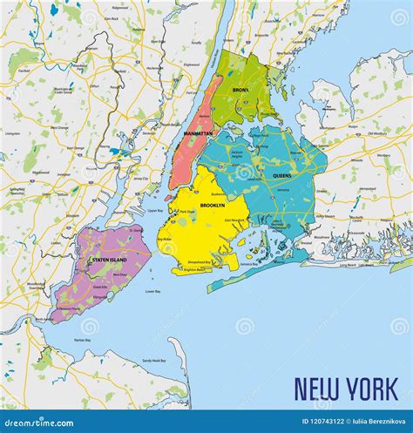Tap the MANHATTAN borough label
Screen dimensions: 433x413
pos(199,133)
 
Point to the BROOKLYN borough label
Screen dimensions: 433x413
pos(213,205)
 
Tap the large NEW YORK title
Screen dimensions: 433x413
pos(346,386)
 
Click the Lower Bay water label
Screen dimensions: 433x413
pos(152,291)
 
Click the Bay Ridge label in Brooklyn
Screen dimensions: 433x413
pos(164,238)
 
